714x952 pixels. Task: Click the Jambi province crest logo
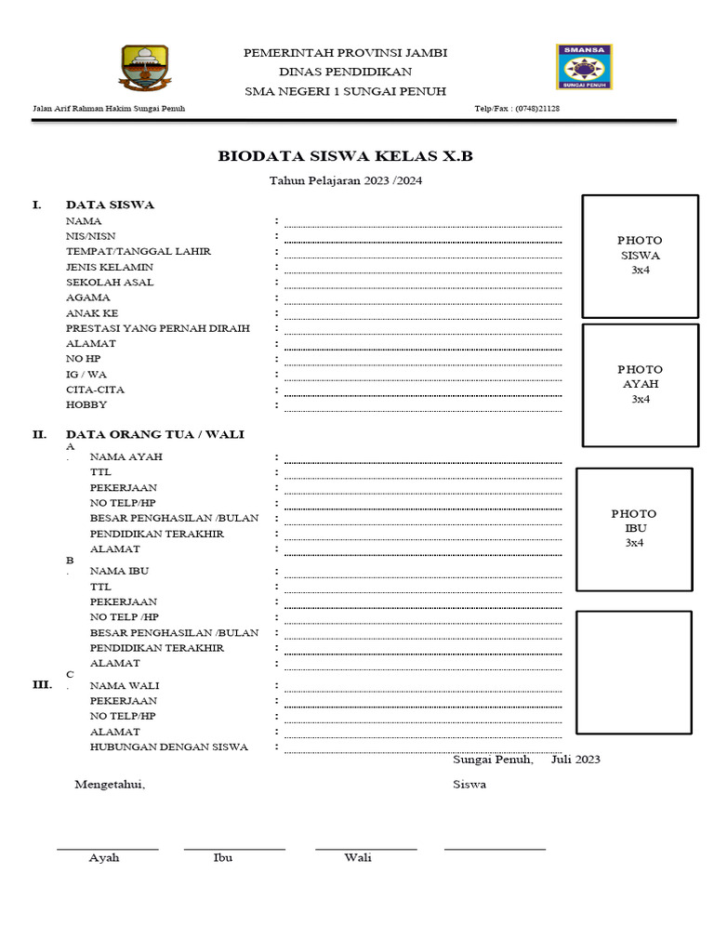tap(144, 68)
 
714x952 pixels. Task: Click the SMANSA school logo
tap(584, 67)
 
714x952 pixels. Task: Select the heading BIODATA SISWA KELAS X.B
tap(345, 156)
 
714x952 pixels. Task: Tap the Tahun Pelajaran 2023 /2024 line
tap(345, 181)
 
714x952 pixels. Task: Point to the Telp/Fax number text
tap(517, 109)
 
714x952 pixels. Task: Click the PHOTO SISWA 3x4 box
tap(640, 256)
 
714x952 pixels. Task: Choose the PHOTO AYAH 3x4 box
tap(640, 384)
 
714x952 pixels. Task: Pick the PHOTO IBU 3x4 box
tap(634, 528)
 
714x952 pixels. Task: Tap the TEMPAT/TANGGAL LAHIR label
tap(139, 252)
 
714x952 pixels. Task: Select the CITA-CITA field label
tap(95, 390)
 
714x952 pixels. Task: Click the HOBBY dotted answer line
tap(423, 409)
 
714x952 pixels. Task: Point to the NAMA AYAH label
tap(126, 456)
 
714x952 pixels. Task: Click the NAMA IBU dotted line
tap(423, 575)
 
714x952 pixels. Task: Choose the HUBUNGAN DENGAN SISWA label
tap(168, 747)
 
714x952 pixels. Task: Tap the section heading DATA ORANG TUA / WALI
tap(155, 434)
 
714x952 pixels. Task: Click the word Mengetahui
tap(110, 785)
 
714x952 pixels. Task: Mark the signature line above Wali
tap(365, 848)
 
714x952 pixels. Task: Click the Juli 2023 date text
tap(575, 760)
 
